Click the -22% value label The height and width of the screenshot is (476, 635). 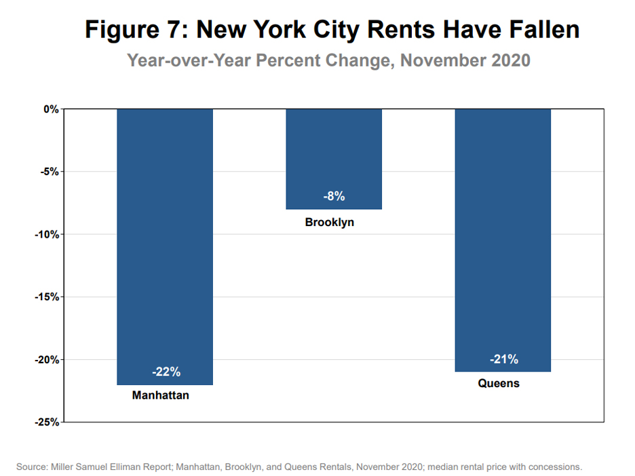[166, 371]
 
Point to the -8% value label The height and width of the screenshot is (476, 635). [334, 196]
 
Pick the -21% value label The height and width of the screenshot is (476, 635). [503, 359]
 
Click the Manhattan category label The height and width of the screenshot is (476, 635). [161, 395]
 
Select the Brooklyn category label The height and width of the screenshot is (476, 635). [330, 222]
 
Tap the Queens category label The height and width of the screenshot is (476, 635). [499, 383]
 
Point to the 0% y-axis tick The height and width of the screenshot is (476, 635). [52, 109]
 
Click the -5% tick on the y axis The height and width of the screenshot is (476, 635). [50, 172]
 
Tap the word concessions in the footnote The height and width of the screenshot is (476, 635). [555, 467]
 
